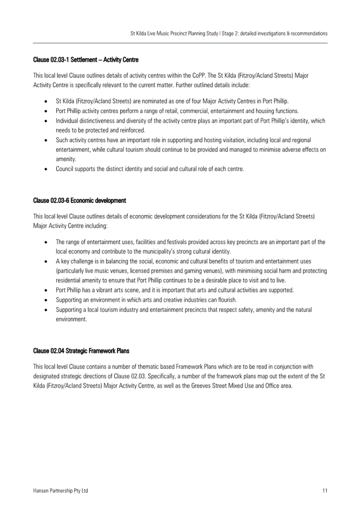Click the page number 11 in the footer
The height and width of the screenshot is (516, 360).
click(325, 490)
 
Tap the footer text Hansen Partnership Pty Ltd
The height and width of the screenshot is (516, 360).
click(60, 490)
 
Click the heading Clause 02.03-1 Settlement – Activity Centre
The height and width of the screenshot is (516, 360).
click(85, 60)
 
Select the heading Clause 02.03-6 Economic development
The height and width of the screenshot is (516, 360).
click(79, 201)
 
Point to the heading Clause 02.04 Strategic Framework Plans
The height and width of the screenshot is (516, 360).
click(81, 351)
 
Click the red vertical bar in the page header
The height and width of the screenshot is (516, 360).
click(220, 34)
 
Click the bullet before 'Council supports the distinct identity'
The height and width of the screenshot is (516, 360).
click(46, 169)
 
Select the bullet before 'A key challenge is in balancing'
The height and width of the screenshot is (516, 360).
click(46, 262)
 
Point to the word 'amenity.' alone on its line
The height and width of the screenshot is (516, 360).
click(66, 159)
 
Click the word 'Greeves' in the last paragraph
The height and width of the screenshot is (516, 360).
click(201, 386)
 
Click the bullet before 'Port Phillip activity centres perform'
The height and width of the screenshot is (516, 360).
click(46, 111)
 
